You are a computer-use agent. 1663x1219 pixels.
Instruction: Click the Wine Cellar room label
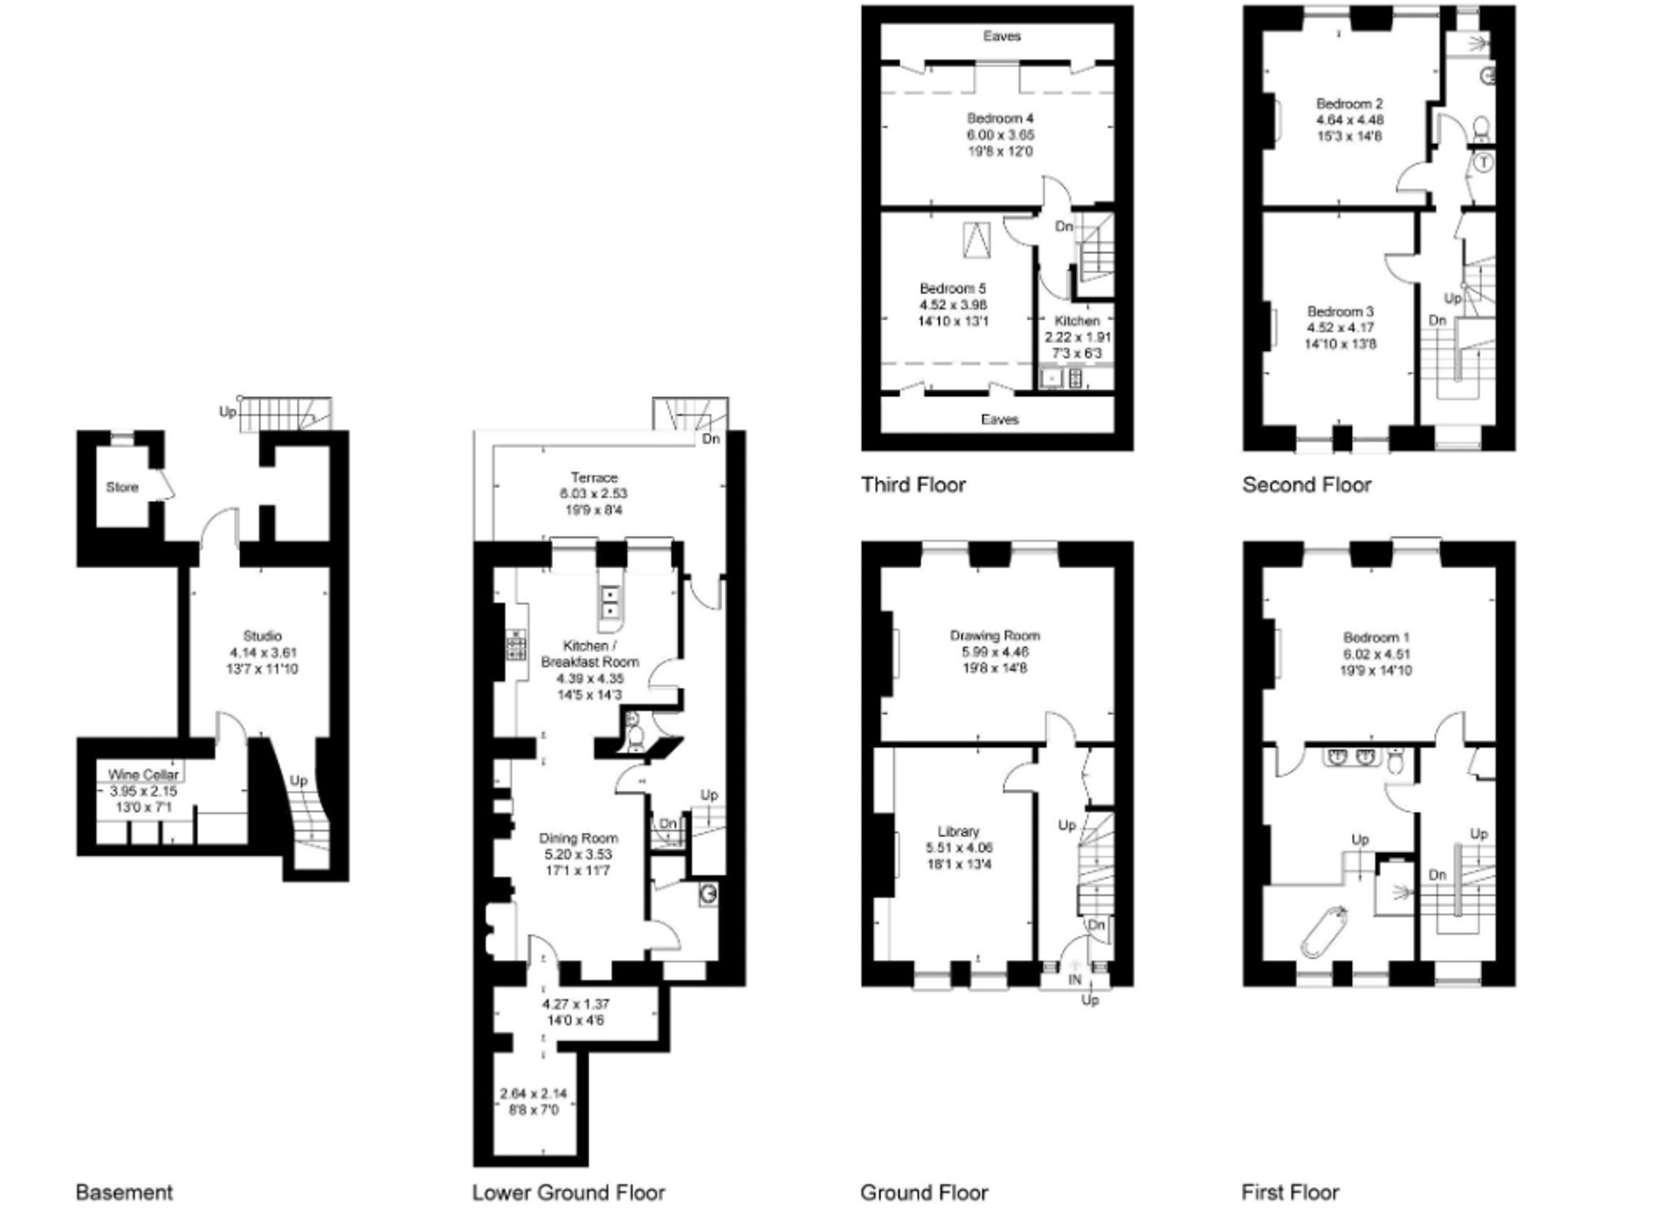click(x=143, y=775)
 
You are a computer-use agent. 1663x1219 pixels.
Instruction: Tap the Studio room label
click(x=263, y=636)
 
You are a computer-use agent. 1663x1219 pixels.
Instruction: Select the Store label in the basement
click(x=122, y=487)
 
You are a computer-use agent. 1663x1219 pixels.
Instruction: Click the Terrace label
click(x=595, y=477)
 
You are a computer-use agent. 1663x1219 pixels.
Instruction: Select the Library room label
click(x=958, y=832)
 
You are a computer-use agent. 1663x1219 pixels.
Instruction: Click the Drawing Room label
click(x=995, y=635)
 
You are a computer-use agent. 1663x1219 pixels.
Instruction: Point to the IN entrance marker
click(x=1075, y=980)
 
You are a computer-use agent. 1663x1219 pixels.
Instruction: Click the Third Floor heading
click(x=913, y=485)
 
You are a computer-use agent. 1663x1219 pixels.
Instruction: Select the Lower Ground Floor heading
click(x=568, y=1193)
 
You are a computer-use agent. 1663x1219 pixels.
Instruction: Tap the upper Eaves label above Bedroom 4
click(x=1002, y=36)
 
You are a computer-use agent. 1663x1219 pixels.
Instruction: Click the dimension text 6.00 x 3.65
click(x=1000, y=135)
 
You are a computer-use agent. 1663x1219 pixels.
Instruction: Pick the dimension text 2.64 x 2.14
click(x=533, y=1094)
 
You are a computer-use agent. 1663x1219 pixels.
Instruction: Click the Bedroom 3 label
click(x=1339, y=312)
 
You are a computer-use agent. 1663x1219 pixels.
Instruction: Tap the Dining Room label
click(x=578, y=838)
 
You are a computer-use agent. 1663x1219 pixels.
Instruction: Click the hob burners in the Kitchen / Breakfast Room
click(x=516, y=644)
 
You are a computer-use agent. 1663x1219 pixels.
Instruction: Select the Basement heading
click(x=124, y=1193)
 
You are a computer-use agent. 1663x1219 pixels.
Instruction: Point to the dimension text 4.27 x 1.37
click(x=576, y=1004)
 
